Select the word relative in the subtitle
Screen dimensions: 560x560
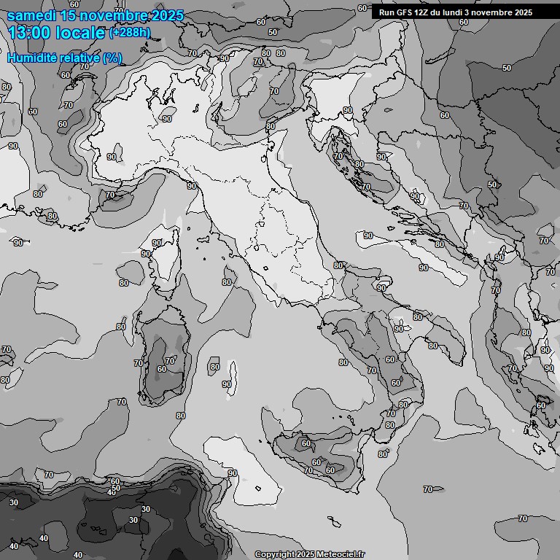click(x=79, y=58)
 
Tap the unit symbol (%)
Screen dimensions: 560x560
click(x=112, y=58)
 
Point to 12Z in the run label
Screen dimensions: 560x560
click(x=422, y=12)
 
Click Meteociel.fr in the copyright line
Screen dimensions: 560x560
click(x=340, y=555)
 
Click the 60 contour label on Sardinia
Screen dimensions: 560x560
click(x=161, y=369)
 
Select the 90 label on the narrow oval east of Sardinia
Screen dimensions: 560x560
click(x=227, y=384)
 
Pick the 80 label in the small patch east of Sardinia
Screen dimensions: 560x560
click(x=214, y=367)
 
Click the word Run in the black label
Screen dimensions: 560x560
click(x=386, y=12)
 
